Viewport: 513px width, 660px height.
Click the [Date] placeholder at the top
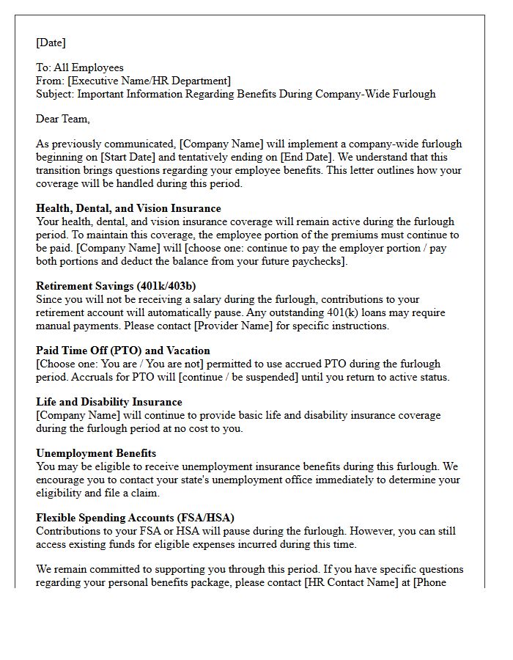pyautogui.click(x=51, y=43)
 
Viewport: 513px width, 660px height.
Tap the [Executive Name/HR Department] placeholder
pyautogui.click(x=149, y=81)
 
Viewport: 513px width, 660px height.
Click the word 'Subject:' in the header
pyautogui.click(x=55, y=94)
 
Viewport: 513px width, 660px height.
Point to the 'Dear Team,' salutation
pyautogui.click(x=63, y=119)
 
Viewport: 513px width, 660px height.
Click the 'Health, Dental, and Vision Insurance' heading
pyautogui.click(x=128, y=208)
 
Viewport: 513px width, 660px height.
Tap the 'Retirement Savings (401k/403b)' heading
pyautogui.click(x=116, y=286)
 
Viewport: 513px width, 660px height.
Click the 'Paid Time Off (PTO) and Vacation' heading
pyautogui.click(x=123, y=351)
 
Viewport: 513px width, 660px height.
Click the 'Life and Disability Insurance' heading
pyautogui.click(x=109, y=402)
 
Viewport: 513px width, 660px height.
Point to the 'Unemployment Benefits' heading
pyautogui.click(x=96, y=453)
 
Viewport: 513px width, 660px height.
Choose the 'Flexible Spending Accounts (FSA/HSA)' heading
pyautogui.click(x=135, y=518)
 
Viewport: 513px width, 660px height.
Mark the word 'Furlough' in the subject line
pyautogui.click(x=413, y=94)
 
